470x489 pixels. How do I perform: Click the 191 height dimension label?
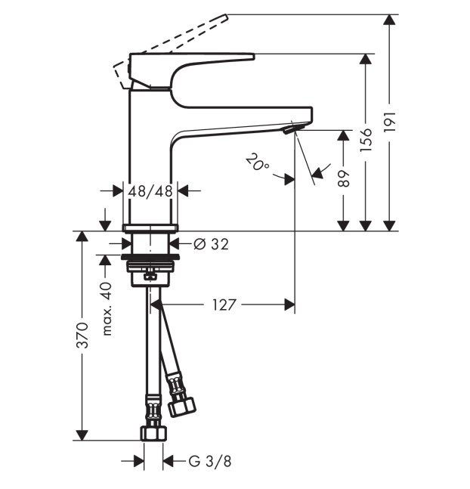coord(390,122)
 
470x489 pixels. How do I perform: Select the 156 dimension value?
coord(366,140)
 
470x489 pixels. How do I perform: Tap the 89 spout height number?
coord(344,179)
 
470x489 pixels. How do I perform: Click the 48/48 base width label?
coord(150,191)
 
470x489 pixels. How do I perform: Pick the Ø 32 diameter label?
coord(211,244)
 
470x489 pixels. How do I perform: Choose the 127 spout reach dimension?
coord(224,305)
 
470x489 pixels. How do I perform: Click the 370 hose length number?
coord(82,336)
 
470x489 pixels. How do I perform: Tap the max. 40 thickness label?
coord(107,308)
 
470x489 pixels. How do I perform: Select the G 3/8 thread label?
coord(210,461)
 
